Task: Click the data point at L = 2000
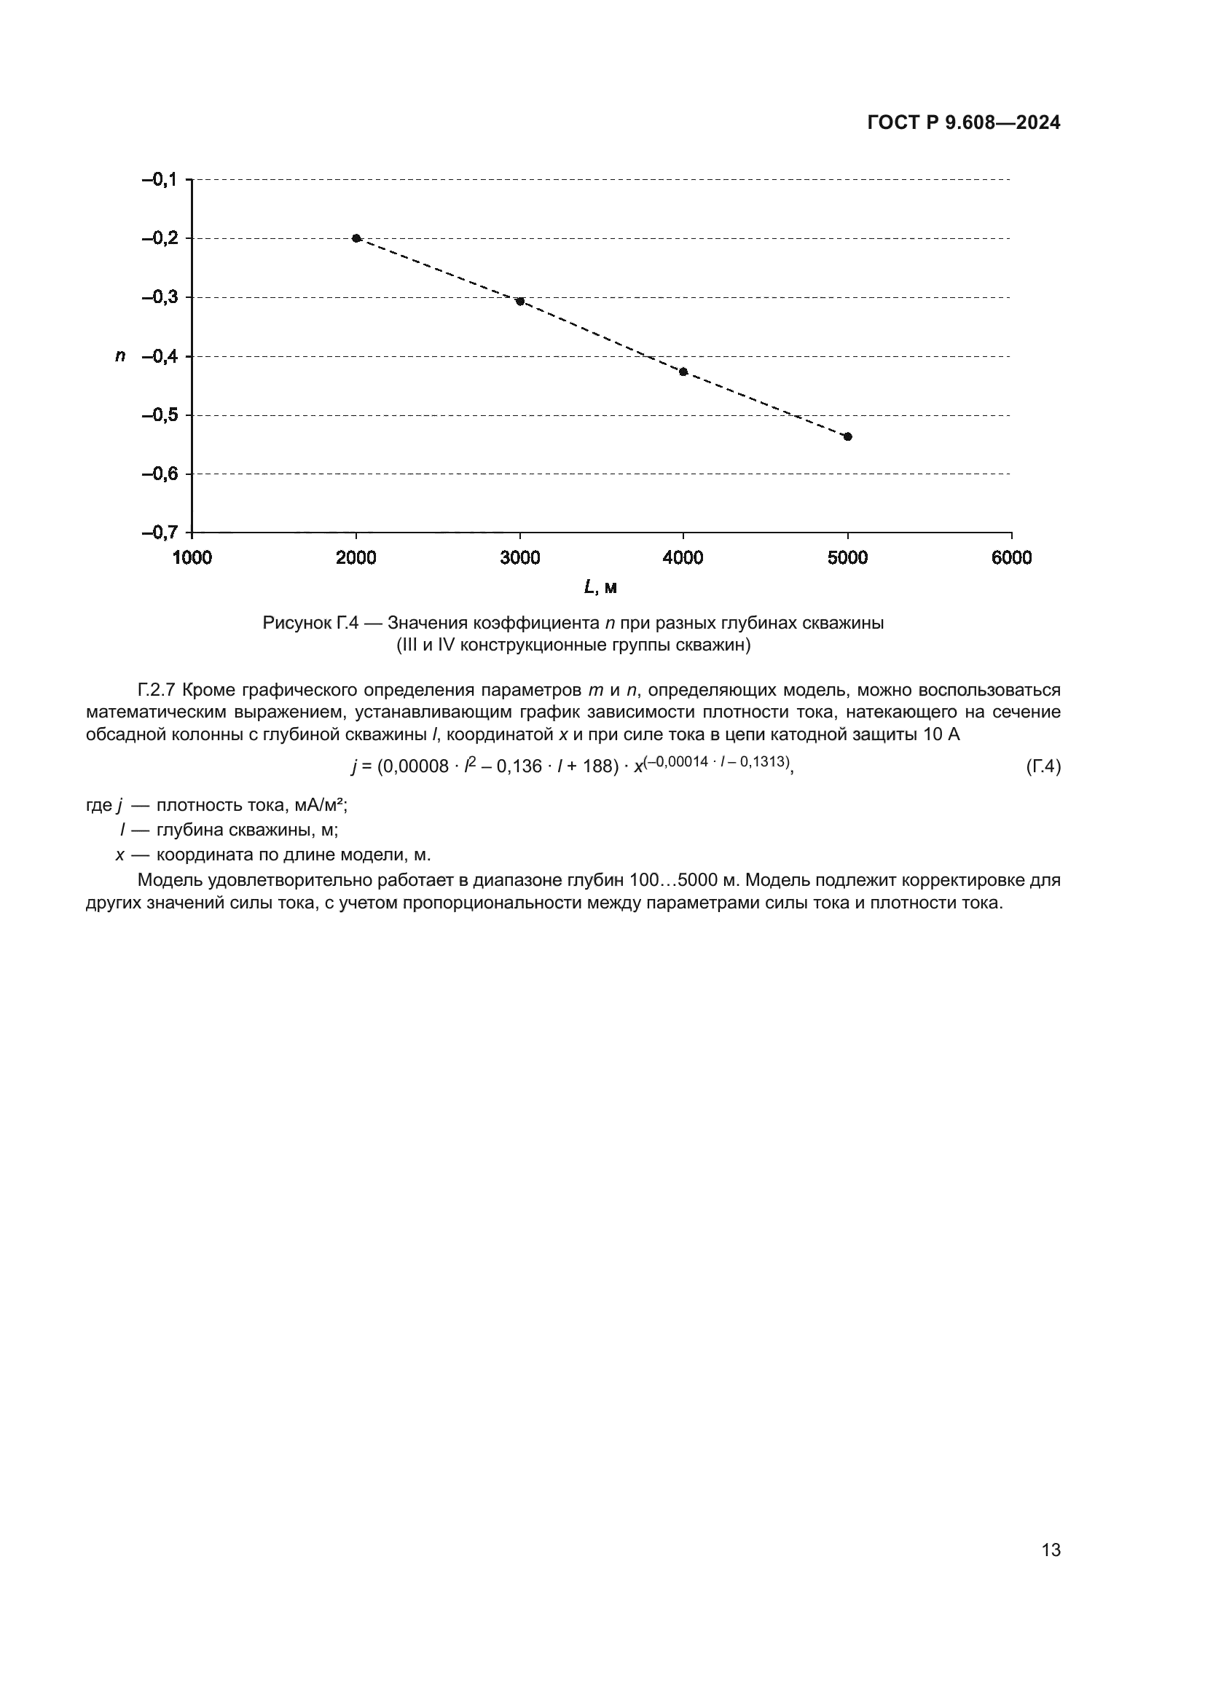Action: pyautogui.click(x=356, y=238)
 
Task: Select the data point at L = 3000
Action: pyautogui.click(x=520, y=302)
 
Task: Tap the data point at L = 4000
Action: pyautogui.click(x=683, y=372)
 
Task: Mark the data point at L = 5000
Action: pyautogui.click(x=848, y=436)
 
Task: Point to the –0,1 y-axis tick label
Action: pyautogui.click(x=160, y=180)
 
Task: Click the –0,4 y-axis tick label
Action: pyautogui.click(x=160, y=356)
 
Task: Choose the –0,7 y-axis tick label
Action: pyautogui.click(x=160, y=533)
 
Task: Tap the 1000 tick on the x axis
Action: pyautogui.click(x=192, y=558)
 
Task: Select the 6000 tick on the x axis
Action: pyautogui.click(x=1011, y=558)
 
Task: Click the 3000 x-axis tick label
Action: pyautogui.click(x=520, y=558)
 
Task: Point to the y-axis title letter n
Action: pyautogui.click(x=120, y=356)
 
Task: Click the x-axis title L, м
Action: pyautogui.click(x=600, y=588)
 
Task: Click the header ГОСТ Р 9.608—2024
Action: pyautogui.click(x=963, y=123)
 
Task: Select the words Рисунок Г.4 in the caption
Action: pyautogui.click(x=310, y=623)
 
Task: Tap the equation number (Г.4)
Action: pyautogui.click(x=1043, y=766)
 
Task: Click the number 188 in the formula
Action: pyautogui.click(x=596, y=766)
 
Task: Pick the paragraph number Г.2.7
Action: pyautogui.click(x=156, y=690)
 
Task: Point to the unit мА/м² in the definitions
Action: pyautogui.click(x=319, y=805)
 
